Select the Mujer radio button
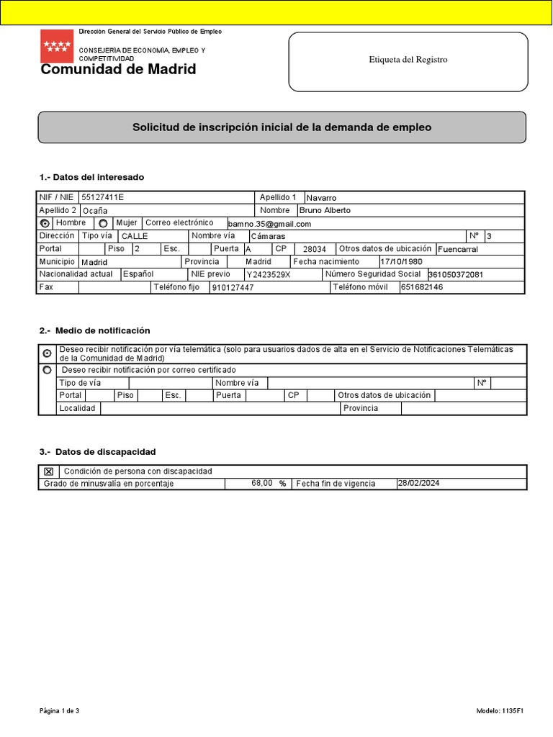pos(102,223)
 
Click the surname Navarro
pos(321,197)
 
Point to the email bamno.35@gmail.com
pos(269,224)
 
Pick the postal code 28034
pos(315,249)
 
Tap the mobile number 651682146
pos(423,287)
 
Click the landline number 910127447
pos(233,288)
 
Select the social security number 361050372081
pos(456,275)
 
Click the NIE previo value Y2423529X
pos(269,275)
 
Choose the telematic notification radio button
pos(48,353)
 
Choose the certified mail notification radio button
pos(48,370)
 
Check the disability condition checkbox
pos(48,471)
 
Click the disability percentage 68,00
pos(261,484)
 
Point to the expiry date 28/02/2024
pos(418,484)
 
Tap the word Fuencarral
pos(458,249)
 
